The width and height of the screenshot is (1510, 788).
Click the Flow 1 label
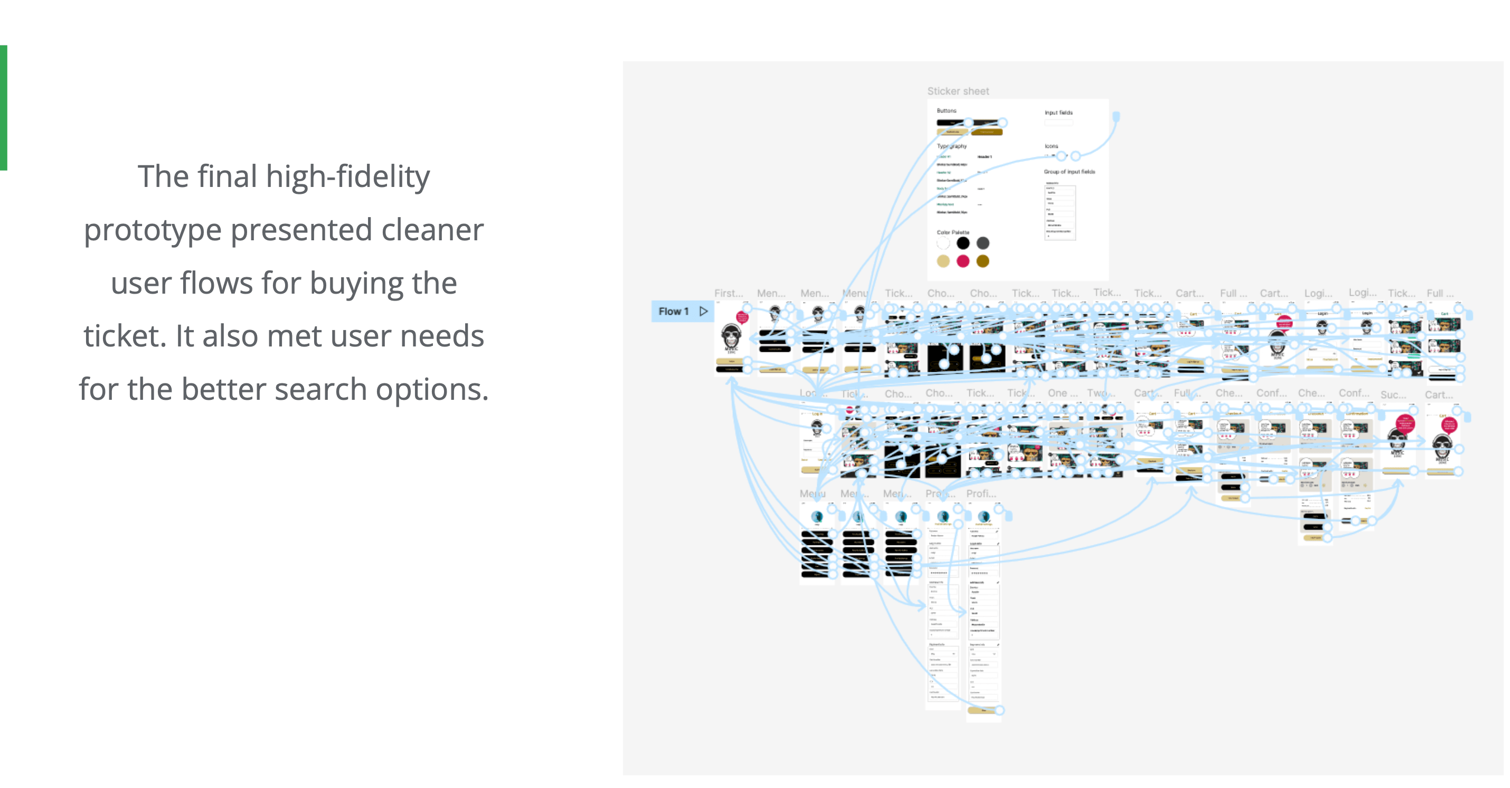673,311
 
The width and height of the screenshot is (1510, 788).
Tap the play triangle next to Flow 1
703,311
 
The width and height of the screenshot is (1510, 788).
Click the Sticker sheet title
958,91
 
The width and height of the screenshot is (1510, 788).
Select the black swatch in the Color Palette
963,243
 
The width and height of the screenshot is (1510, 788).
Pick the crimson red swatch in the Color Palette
963,261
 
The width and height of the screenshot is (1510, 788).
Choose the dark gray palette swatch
983,243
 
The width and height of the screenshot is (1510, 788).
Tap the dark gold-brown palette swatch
983,261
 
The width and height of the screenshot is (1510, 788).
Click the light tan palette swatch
943,261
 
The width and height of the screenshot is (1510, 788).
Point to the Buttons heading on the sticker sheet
946,111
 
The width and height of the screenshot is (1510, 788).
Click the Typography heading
951,146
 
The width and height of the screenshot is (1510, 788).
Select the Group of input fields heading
1069,172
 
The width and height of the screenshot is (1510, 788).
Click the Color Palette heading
952,232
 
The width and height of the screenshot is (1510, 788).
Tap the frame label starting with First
728,293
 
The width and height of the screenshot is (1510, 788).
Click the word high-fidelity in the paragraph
347,176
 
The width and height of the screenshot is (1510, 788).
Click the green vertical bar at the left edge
4,107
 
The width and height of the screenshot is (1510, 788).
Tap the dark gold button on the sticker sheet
987,133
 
